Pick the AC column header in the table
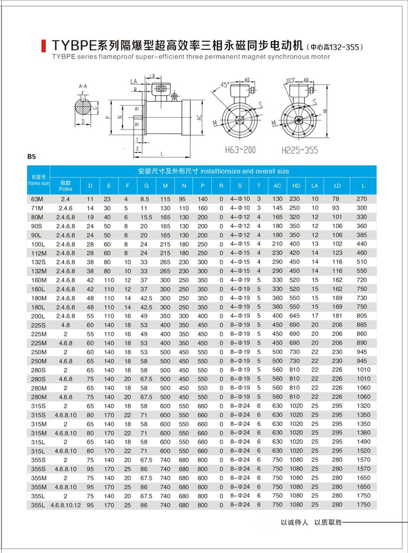click(x=277, y=186)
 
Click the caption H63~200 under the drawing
click(x=240, y=150)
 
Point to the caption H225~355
click(x=299, y=150)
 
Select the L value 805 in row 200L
click(x=362, y=317)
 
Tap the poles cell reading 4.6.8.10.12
click(x=66, y=505)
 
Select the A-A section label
click(x=84, y=87)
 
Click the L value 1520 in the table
click(x=362, y=451)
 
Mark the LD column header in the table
click(x=337, y=186)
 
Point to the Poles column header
click(x=66, y=186)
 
